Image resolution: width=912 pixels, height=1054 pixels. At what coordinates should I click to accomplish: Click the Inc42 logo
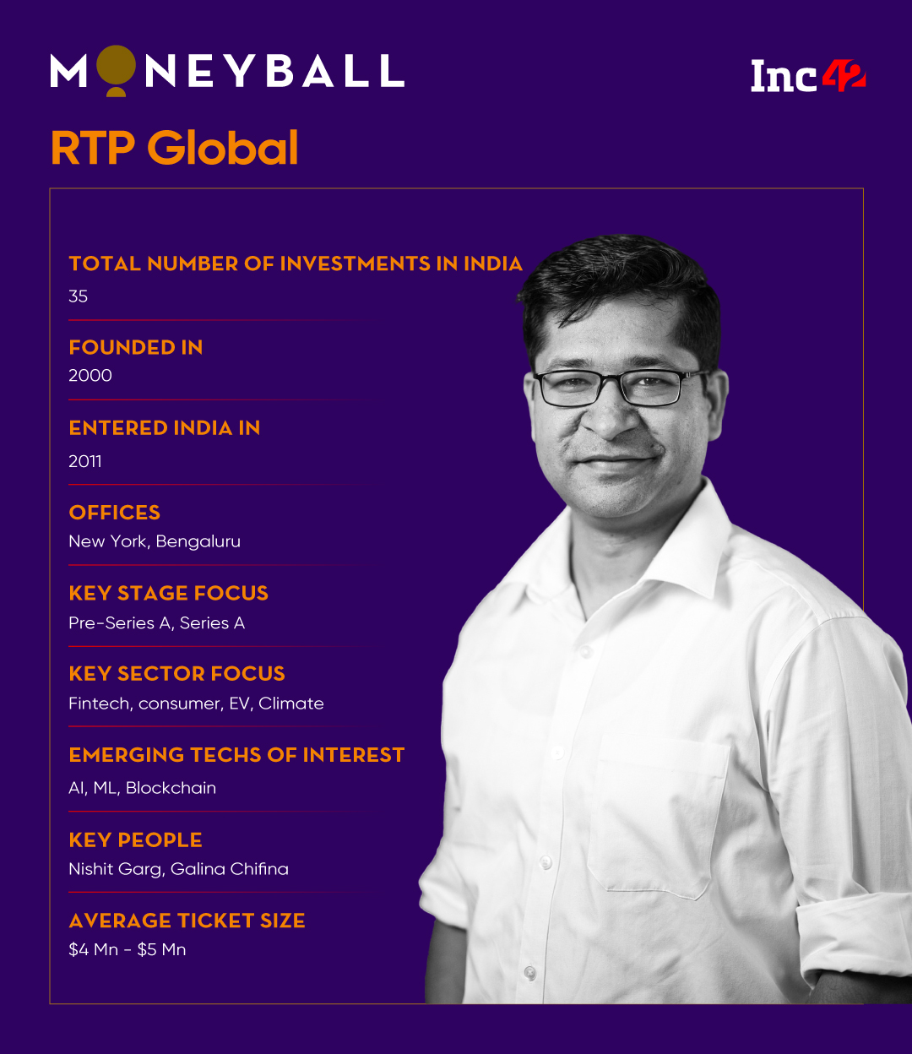[808, 76]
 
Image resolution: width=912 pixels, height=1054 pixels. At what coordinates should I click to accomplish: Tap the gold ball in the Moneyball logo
[116, 68]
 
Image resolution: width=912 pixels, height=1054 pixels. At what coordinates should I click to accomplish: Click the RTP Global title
[174, 148]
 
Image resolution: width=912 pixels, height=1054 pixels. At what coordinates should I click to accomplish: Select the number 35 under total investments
[79, 296]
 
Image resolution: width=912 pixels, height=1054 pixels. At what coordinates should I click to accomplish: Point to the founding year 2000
[90, 376]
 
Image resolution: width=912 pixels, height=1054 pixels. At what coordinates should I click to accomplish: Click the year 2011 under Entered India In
[85, 461]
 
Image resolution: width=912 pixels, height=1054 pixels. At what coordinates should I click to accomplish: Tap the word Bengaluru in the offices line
[198, 541]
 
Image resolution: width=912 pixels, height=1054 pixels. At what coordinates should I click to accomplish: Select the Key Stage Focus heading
[169, 593]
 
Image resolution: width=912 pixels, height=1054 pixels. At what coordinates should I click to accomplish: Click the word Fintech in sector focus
[100, 704]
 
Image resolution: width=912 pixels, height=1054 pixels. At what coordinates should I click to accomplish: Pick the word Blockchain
[171, 788]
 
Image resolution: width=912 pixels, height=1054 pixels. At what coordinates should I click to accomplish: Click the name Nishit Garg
[115, 869]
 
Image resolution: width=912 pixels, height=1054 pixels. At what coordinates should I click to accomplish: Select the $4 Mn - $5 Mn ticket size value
[128, 949]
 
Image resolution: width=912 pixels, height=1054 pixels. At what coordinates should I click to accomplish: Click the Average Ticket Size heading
[187, 921]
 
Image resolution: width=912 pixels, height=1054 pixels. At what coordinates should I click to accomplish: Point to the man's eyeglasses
[615, 387]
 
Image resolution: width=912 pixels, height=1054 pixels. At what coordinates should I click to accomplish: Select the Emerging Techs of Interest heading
[236, 755]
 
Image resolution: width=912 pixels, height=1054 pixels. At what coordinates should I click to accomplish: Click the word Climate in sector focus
[291, 704]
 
